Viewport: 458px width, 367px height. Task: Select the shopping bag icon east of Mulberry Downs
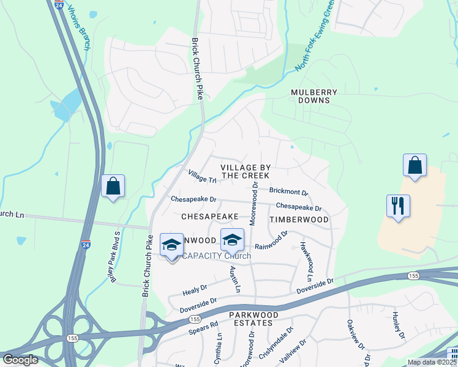point(415,165)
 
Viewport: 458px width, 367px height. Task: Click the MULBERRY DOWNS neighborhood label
point(314,95)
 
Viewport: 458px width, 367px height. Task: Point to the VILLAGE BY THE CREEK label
point(245,171)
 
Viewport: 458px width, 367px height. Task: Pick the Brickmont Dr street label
point(288,191)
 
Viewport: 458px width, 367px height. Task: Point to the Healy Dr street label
point(195,289)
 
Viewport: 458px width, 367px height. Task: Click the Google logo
point(20,360)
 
